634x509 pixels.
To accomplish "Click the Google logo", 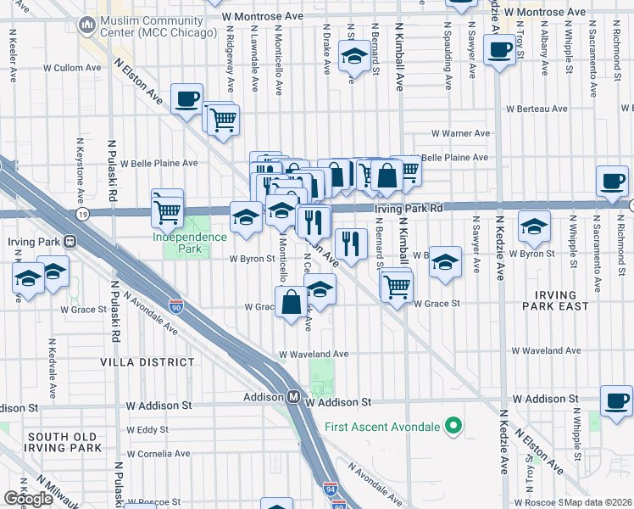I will click(x=28, y=499).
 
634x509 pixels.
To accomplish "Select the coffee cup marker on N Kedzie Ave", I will click(x=501, y=49).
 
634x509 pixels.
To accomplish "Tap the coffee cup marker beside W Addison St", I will click(x=615, y=400).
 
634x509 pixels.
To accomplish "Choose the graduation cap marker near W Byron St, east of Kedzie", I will click(x=534, y=227).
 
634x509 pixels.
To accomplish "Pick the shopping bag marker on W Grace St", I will click(x=291, y=302).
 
